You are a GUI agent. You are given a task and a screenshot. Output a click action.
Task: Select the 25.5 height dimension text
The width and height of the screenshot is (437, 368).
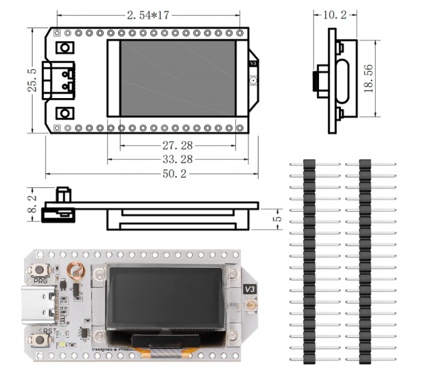point(32,80)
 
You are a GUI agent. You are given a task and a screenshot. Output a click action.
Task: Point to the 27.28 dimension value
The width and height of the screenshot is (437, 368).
point(177,145)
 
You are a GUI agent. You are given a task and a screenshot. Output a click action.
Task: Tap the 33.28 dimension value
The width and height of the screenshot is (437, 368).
point(177,159)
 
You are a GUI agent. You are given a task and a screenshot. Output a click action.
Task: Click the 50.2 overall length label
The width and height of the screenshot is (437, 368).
point(175,174)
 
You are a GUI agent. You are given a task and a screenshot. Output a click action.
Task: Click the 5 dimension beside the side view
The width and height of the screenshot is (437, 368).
point(278,219)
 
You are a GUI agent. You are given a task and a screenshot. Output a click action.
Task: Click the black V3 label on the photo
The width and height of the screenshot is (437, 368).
point(250,289)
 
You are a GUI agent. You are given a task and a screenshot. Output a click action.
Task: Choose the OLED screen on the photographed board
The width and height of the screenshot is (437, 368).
point(165,297)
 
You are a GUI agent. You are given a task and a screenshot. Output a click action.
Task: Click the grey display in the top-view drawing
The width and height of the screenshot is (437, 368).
point(177,78)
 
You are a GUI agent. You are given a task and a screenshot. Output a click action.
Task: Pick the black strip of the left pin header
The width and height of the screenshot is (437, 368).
point(308,262)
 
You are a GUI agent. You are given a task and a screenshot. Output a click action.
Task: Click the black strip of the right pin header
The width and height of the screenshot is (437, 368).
point(365,262)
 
